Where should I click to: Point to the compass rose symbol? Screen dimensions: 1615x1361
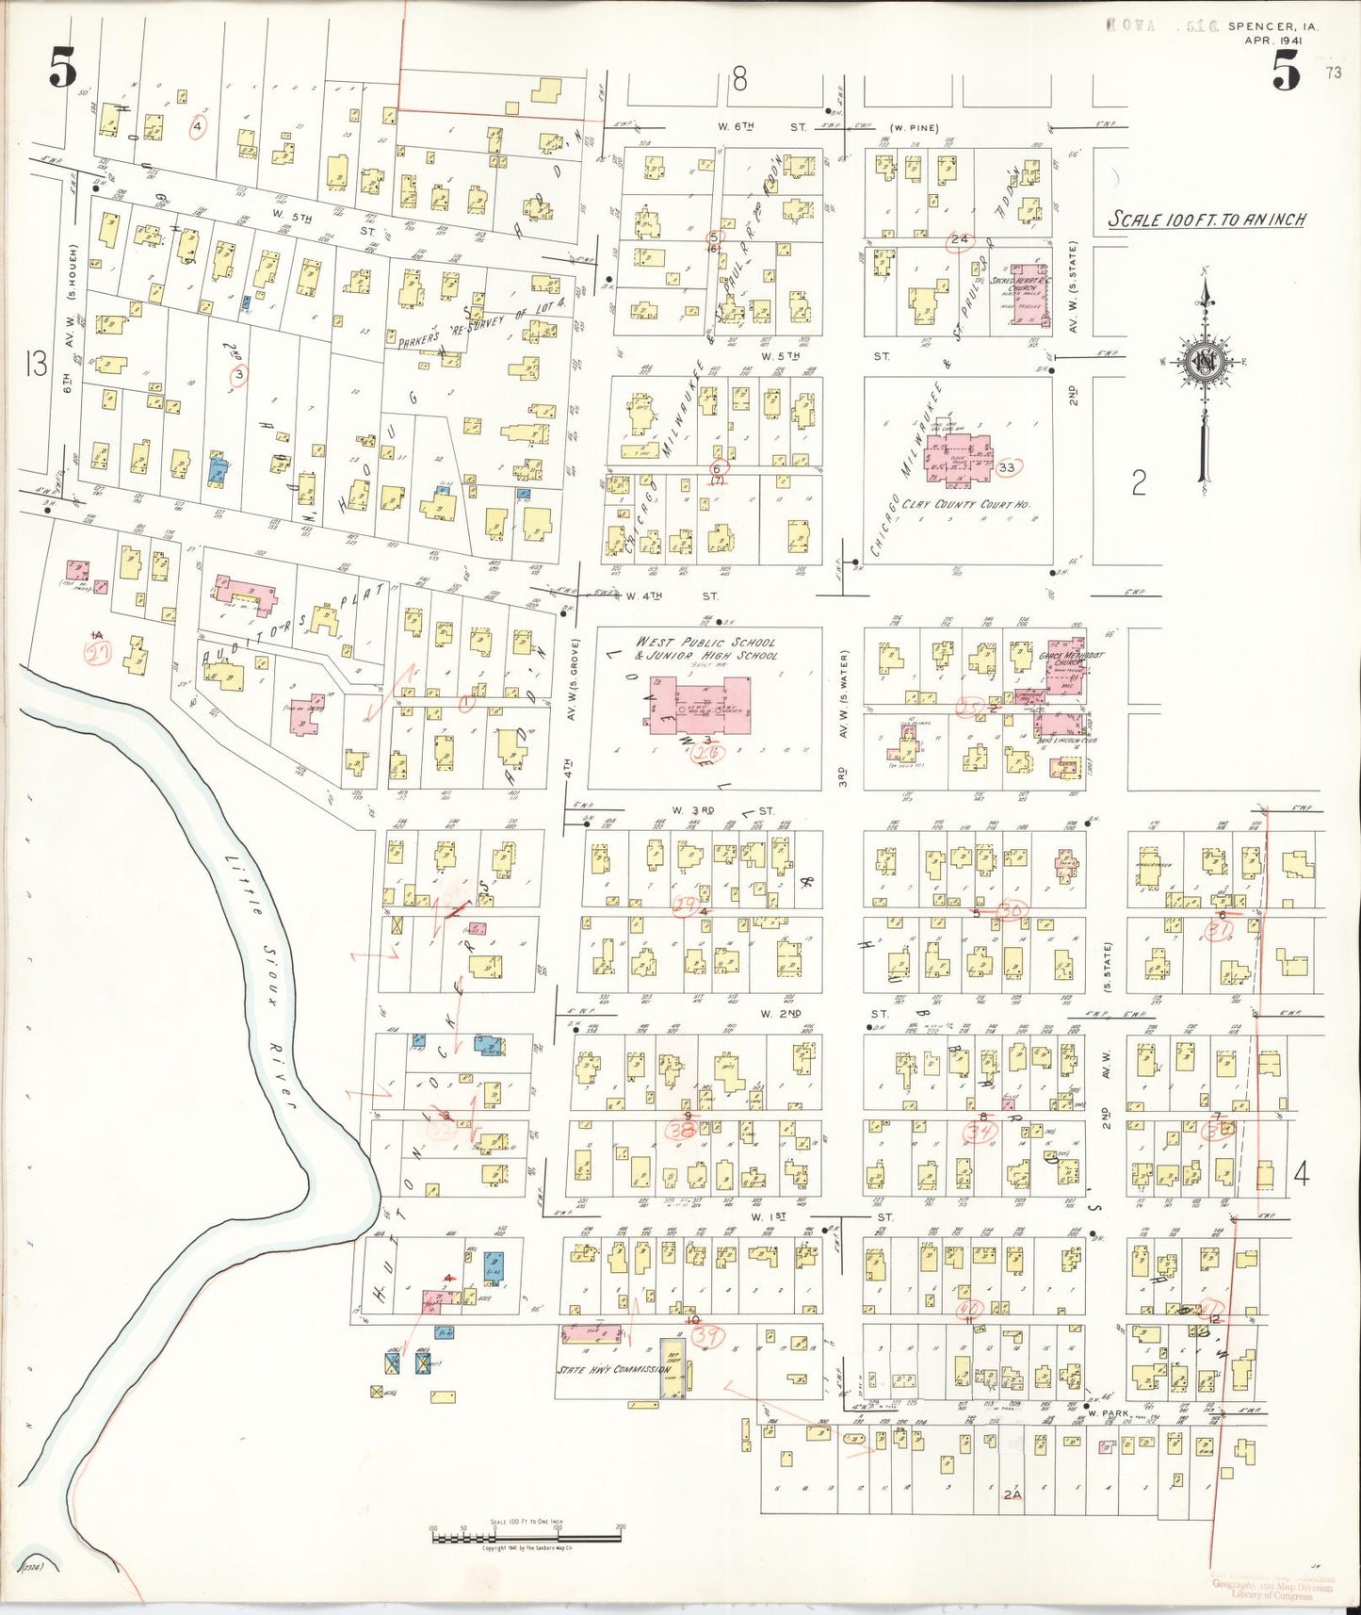[1203, 367]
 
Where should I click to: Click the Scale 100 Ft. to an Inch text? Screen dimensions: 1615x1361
[1207, 220]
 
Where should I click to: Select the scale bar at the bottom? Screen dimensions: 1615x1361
[527, 1537]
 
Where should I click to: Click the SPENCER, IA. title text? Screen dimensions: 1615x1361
[1272, 27]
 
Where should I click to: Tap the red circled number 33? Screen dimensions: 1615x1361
[1007, 467]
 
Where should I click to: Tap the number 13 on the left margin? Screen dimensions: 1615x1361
[36, 364]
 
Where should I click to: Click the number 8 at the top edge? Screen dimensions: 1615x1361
[739, 80]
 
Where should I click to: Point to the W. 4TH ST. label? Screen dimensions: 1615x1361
[671, 596]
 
